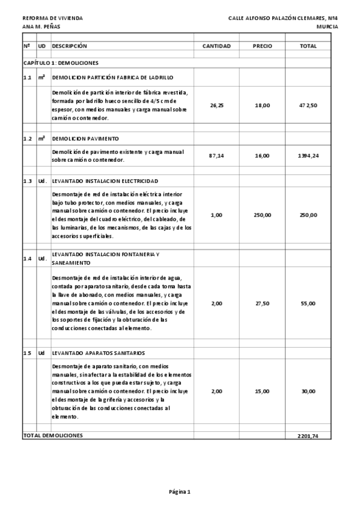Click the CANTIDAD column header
[x=216, y=46]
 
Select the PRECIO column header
[x=262, y=46]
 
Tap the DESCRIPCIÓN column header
[x=70, y=46]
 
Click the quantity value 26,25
[x=216, y=105]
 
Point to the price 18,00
[x=262, y=105]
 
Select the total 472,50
[x=308, y=105]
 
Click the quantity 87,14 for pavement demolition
[x=216, y=156]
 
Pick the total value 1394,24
[x=308, y=156]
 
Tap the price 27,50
[x=262, y=303]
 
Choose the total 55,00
[x=308, y=303]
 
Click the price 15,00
[x=262, y=391]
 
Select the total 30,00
[x=308, y=391]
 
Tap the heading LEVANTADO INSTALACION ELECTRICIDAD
[x=105, y=181]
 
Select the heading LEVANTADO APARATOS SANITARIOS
[x=98, y=353]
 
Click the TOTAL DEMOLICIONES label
[x=53, y=435]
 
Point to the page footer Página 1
[x=180, y=492]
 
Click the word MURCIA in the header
[x=327, y=26]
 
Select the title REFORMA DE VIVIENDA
[x=52, y=18]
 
